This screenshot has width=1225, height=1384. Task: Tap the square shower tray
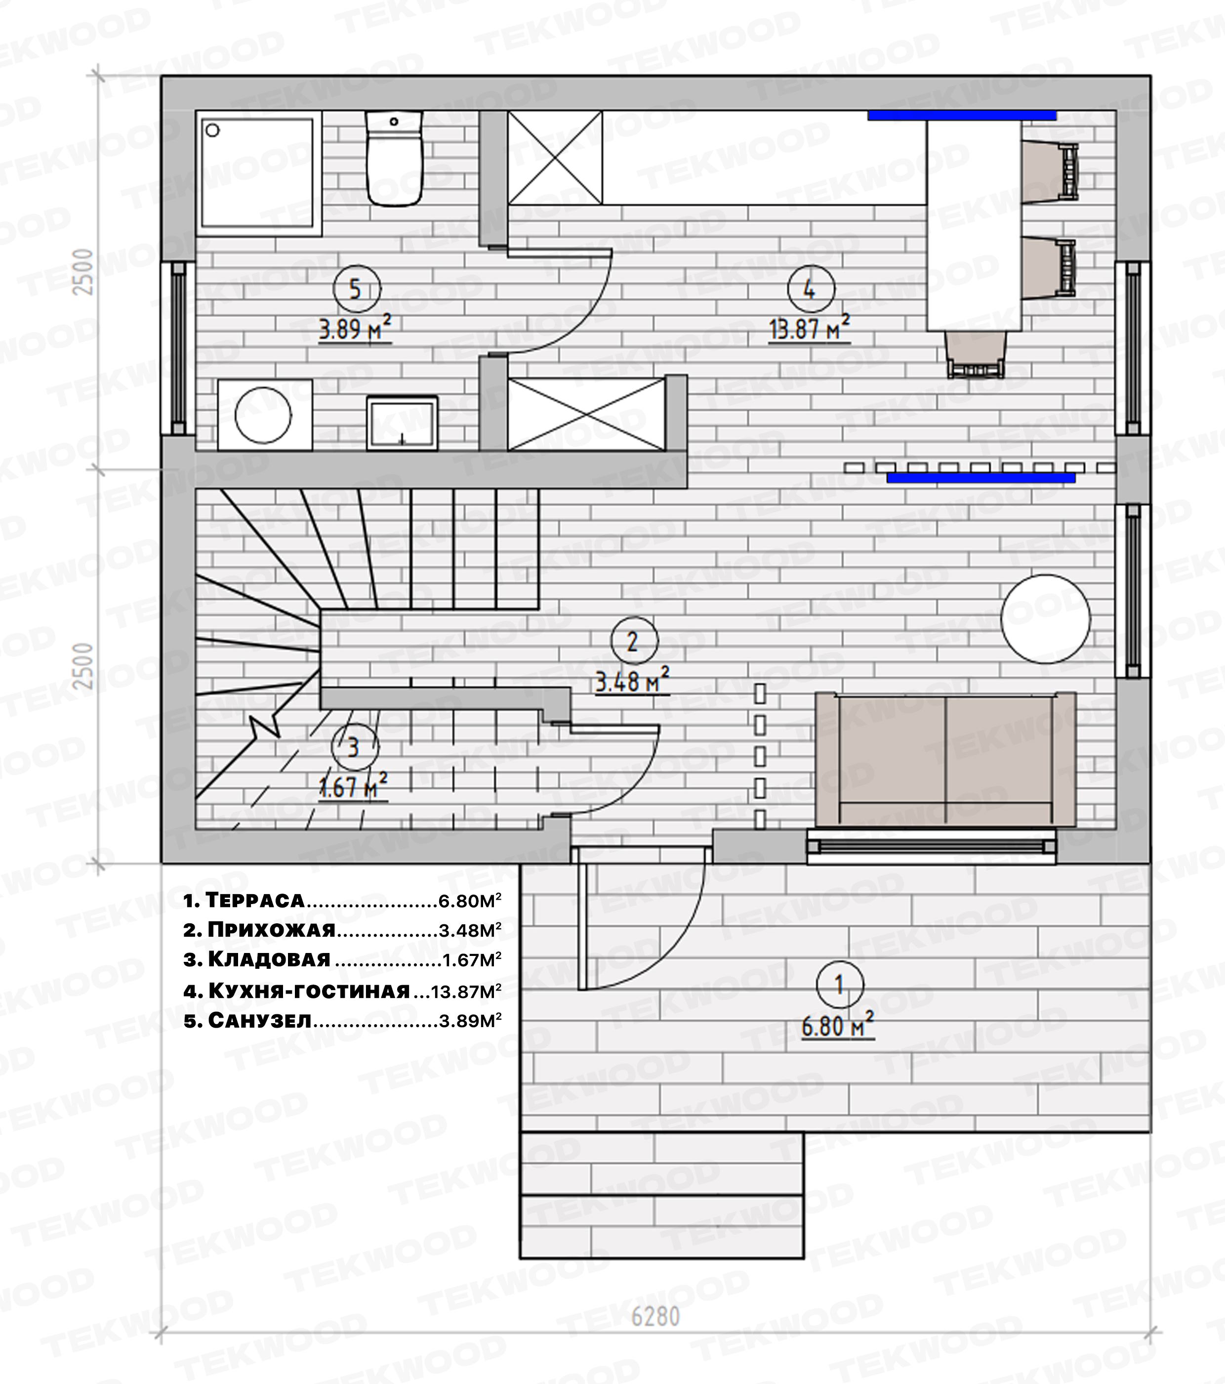(x=258, y=174)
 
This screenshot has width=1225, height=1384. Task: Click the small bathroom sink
(x=402, y=423)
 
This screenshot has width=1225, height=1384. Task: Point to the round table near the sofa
(x=1046, y=619)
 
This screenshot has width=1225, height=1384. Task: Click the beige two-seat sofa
(x=945, y=759)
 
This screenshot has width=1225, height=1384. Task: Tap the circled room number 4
(x=809, y=289)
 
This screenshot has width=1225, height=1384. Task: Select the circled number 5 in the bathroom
(x=355, y=289)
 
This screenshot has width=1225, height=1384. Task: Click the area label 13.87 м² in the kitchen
(x=810, y=329)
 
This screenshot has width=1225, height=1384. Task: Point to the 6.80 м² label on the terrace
(x=838, y=1025)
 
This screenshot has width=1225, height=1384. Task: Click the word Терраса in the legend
(x=254, y=900)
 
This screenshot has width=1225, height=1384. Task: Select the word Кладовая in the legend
(x=269, y=959)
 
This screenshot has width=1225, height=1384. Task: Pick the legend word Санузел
(x=259, y=1020)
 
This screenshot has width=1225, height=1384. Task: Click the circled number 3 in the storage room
(x=353, y=747)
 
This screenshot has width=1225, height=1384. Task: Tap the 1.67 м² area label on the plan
(x=353, y=787)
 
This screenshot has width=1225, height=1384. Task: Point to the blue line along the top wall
(x=962, y=115)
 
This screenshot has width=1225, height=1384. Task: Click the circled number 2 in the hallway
(x=633, y=641)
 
